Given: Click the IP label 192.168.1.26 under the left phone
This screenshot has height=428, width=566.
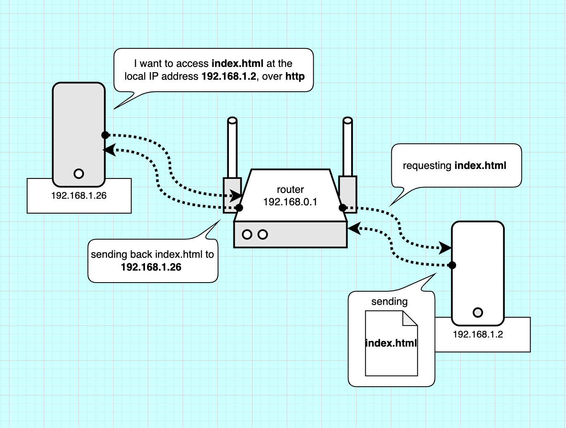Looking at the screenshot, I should click(x=79, y=196).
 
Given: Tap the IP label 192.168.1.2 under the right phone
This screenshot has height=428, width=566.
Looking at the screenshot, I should click(x=478, y=335).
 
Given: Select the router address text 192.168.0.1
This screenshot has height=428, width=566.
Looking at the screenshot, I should click(x=290, y=202).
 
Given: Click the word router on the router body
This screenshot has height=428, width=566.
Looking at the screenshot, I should click(x=290, y=190).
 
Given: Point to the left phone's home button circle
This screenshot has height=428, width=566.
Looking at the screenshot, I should click(x=78, y=174).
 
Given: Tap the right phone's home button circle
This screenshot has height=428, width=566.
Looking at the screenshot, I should click(x=478, y=312).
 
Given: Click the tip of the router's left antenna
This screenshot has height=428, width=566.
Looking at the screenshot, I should click(x=233, y=121).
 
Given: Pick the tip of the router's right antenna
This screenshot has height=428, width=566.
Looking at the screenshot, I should click(x=348, y=121).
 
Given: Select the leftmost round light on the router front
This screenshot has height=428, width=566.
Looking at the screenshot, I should click(x=247, y=235).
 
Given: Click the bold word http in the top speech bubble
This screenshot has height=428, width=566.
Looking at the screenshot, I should click(x=295, y=76).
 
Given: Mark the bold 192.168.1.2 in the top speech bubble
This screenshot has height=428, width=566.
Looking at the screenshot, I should click(x=229, y=76).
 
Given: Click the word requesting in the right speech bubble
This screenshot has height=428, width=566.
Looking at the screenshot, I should click(x=427, y=166).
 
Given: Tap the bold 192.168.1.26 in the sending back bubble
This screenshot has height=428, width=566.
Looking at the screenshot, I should click(x=151, y=267).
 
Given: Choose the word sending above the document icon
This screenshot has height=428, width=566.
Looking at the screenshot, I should click(x=389, y=302).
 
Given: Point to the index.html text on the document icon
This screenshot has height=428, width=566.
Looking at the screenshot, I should click(x=391, y=343).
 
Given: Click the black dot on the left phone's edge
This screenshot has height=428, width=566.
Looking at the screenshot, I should click(x=105, y=135).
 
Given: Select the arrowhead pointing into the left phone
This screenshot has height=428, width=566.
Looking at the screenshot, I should click(x=109, y=150).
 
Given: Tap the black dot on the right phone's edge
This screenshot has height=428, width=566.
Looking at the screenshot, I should click(x=452, y=265).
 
